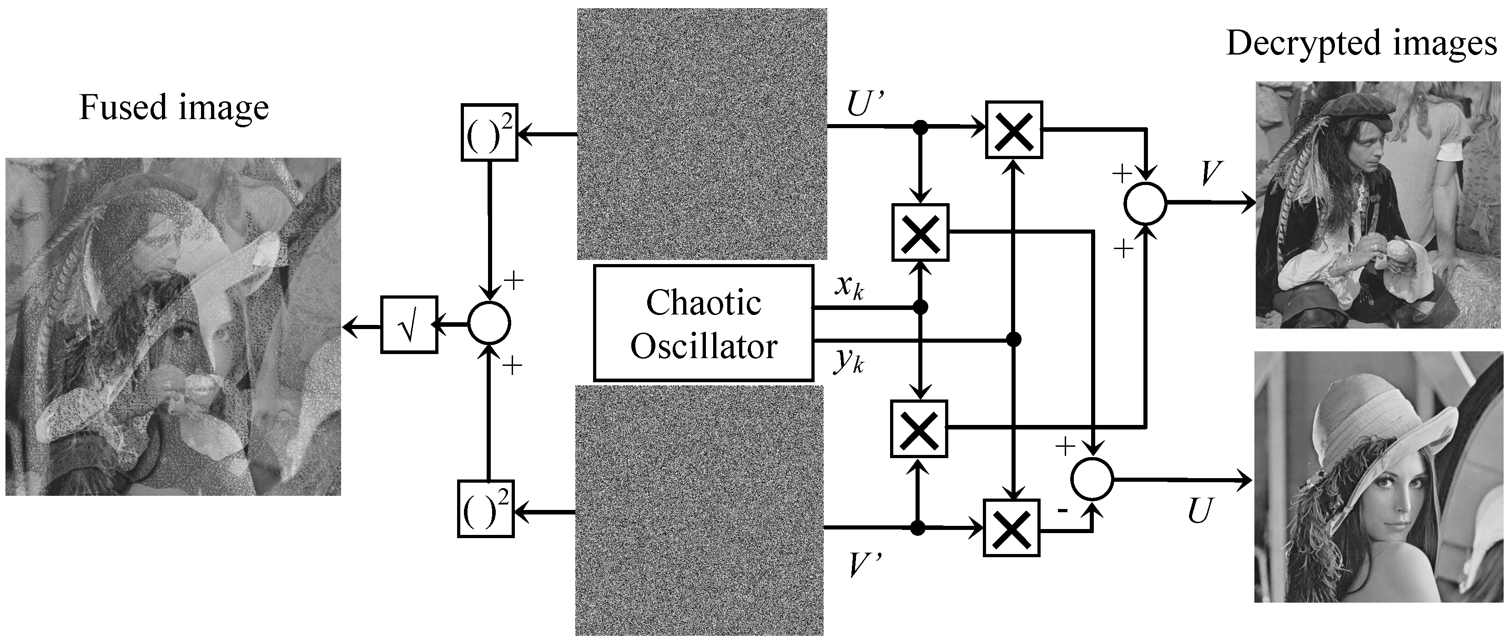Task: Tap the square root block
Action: [409, 324]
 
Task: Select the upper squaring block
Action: [489, 132]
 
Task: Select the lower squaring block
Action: [485, 509]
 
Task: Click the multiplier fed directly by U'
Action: [1013, 130]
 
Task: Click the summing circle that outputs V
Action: [1145, 203]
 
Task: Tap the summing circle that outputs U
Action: [1092, 479]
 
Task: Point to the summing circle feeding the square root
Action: [489, 323]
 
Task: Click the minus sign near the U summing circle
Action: [1062, 510]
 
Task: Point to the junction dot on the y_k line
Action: [1013, 339]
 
